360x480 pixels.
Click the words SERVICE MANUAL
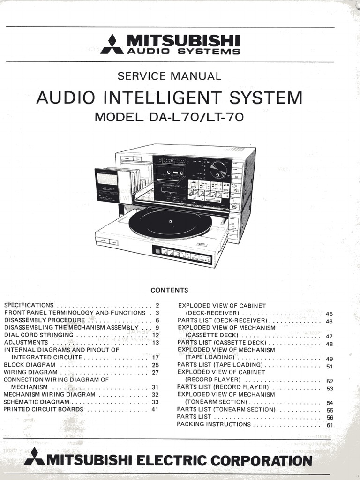pos(169,76)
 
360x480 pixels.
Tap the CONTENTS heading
pos(169,290)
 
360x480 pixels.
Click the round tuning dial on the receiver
pos(218,170)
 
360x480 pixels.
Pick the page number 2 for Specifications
pos(157,305)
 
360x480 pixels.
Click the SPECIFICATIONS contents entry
pos(29,305)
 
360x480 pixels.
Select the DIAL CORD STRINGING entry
pos(39,335)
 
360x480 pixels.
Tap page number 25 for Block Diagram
pos(156,365)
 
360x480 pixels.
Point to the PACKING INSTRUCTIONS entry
pos(214,424)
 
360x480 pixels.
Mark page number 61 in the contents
pos(330,425)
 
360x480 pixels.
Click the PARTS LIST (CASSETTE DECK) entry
pos(220,342)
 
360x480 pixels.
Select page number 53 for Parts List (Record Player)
pos(330,388)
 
